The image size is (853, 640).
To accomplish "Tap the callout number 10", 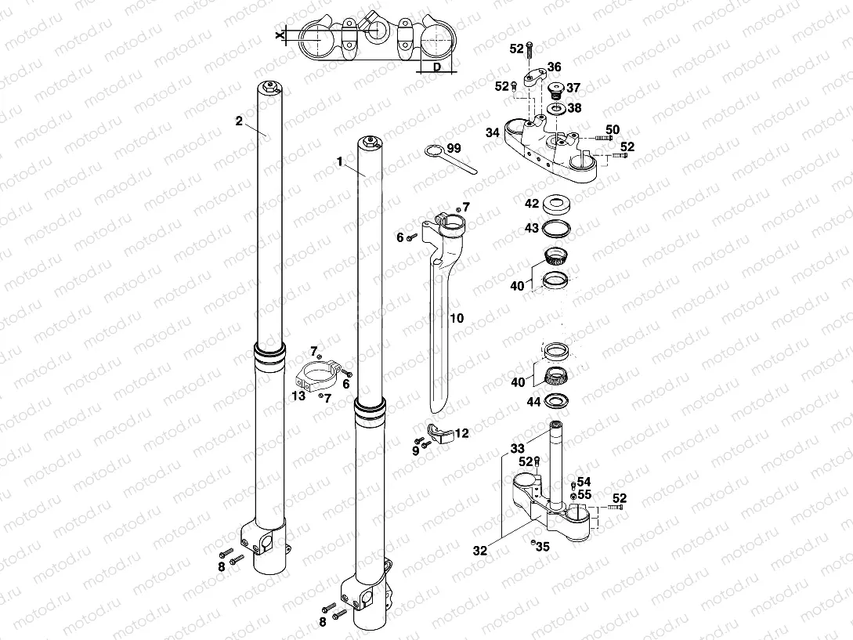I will [x=457, y=319].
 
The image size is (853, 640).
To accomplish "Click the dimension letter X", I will [x=279, y=34].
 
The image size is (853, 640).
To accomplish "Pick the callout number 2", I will [x=239, y=121].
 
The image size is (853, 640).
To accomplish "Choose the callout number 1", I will [x=340, y=161].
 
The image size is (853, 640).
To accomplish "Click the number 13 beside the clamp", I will [x=298, y=397].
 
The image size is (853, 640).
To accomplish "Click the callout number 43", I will [x=532, y=227].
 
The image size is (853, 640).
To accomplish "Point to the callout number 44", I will [x=533, y=401].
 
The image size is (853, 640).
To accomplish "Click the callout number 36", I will [x=554, y=67].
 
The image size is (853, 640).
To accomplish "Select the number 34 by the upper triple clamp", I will [x=492, y=132].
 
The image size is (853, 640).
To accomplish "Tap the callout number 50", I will [x=613, y=128].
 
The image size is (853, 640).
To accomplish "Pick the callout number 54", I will [x=584, y=481].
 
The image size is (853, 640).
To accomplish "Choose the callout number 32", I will [x=480, y=551].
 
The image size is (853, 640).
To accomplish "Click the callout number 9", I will [x=416, y=450].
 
